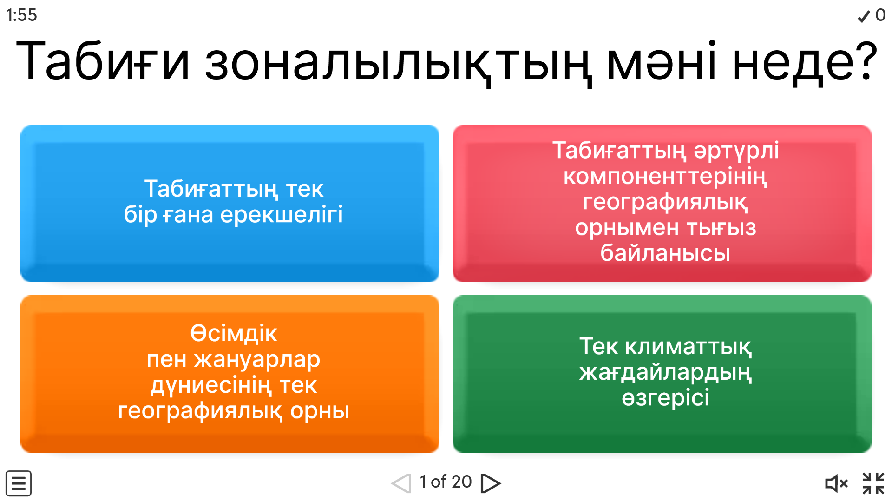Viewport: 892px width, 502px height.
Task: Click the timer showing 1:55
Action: click(21, 15)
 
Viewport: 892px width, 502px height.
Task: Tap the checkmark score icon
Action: click(864, 16)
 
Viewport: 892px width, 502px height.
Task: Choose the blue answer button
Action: click(230, 204)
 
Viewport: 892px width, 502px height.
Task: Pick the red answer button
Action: click(662, 204)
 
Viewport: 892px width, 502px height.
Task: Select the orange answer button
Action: click(230, 374)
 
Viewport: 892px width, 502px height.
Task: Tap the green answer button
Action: click(662, 374)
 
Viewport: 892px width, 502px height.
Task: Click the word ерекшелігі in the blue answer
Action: click(281, 215)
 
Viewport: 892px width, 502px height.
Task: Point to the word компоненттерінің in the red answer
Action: click(665, 177)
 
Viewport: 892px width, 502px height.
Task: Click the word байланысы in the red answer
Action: click(665, 253)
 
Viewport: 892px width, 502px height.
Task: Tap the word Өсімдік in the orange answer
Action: click(234, 334)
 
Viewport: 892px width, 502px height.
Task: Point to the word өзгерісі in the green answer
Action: click(665, 398)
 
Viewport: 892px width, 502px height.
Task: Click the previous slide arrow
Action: click(401, 483)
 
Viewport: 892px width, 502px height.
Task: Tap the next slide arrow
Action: click(491, 483)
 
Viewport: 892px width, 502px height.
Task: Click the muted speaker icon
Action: click(836, 483)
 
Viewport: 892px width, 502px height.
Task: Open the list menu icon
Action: click(19, 483)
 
